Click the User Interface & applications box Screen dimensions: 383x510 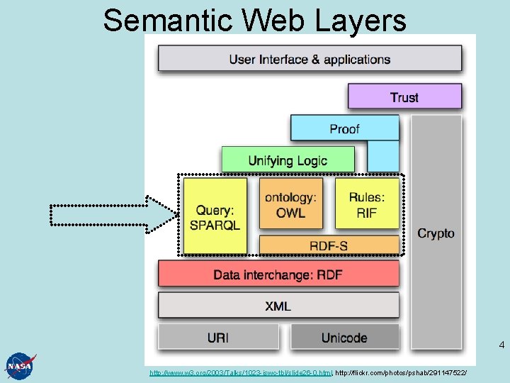[x=310, y=59]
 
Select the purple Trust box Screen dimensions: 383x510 [x=404, y=96]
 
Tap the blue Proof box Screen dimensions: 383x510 [x=344, y=128]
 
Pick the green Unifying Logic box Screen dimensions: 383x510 [x=288, y=160]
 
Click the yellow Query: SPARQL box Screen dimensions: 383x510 [x=215, y=216]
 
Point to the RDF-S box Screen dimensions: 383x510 [x=329, y=245]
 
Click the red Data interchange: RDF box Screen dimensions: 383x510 [x=278, y=274]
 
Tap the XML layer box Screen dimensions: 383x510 [x=278, y=306]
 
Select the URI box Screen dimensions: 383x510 [x=218, y=338]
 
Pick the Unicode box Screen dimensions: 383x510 [x=344, y=338]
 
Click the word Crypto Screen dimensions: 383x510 [x=436, y=233]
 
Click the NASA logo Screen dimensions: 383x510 [x=19, y=365]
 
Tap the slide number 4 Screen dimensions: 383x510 [x=501, y=345]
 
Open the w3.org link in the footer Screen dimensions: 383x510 [x=240, y=372]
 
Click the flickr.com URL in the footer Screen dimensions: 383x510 [x=401, y=372]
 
